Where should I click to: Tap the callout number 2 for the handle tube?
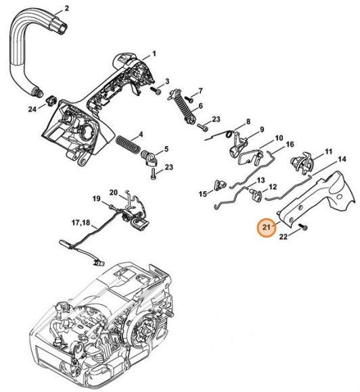[66, 8]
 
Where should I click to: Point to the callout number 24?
[32, 109]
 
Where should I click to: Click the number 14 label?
[342, 158]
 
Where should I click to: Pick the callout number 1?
[154, 53]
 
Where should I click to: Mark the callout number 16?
[289, 145]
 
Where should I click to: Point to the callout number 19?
[96, 199]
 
